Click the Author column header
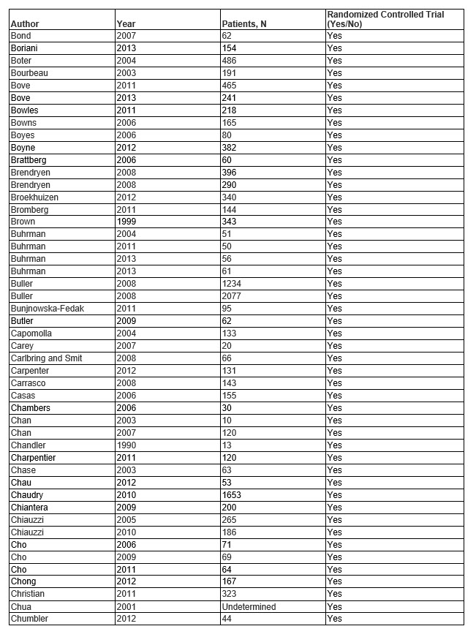pyautogui.click(x=25, y=24)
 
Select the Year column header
pyautogui.click(x=126, y=24)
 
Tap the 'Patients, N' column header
pyautogui.click(x=243, y=24)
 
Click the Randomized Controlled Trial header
pyautogui.click(x=385, y=19)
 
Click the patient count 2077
pyautogui.click(x=232, y=296)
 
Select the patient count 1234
pyautogui.click(x=232, y=284)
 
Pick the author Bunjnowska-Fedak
pyautogui.click(x=47, y=309)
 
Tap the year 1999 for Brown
pyautogui.click(x=126, y=222)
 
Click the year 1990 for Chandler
pyautogui.click(x=126, y=445)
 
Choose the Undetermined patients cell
pyautogui.click(x=249, y=606)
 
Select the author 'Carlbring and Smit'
pyautogui.click(x=46, y=358)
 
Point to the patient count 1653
pyautogui.click(x=232, y=494)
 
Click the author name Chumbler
pyautogui.click(x=29, y=619)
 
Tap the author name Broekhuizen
pyautogui.click(x=34, y=197)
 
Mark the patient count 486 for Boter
pyautogui.click(x=230, y=61)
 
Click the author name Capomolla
pyautogui.click(x=31, y=333)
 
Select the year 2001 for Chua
pyautogui.click(x=126, y=606)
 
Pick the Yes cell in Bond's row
pyautogui.click(x=334, y=36)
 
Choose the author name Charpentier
pyautogui.click(x=33, y=458)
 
